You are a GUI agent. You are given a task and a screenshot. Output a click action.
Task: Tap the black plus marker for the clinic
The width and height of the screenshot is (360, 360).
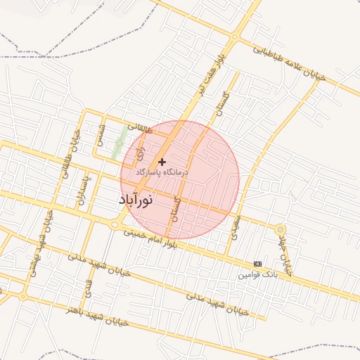point(162,162)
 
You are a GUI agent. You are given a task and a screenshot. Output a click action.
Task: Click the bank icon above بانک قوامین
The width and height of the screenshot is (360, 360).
point(257,264)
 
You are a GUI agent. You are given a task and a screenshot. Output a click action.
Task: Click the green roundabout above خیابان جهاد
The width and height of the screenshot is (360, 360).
point(281,229)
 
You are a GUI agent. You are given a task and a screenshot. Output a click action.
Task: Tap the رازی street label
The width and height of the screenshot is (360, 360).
point(140,148)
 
